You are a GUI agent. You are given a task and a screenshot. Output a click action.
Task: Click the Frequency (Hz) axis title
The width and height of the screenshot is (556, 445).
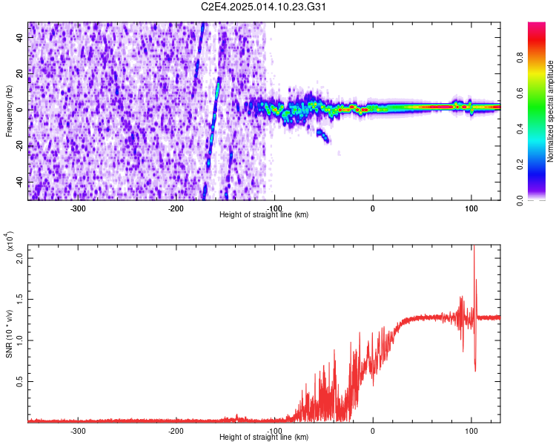(x=9, y=111)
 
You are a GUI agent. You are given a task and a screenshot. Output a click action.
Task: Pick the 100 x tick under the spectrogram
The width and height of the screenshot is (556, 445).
(x=471, y=208)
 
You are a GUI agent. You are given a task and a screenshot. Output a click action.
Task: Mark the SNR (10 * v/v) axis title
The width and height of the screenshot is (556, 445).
(x=9, y=330)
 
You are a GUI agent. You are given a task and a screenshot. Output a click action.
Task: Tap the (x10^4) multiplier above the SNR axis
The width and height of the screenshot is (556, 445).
(x=9, y=242)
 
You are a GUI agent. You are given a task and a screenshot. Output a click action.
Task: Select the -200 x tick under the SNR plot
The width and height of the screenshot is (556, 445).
(x=176, y=430)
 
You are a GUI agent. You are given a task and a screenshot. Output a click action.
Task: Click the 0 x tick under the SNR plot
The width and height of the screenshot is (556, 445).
(x=373, y=430)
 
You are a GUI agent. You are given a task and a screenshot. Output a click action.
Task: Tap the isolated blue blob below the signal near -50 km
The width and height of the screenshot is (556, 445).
(x=323, y=136)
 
